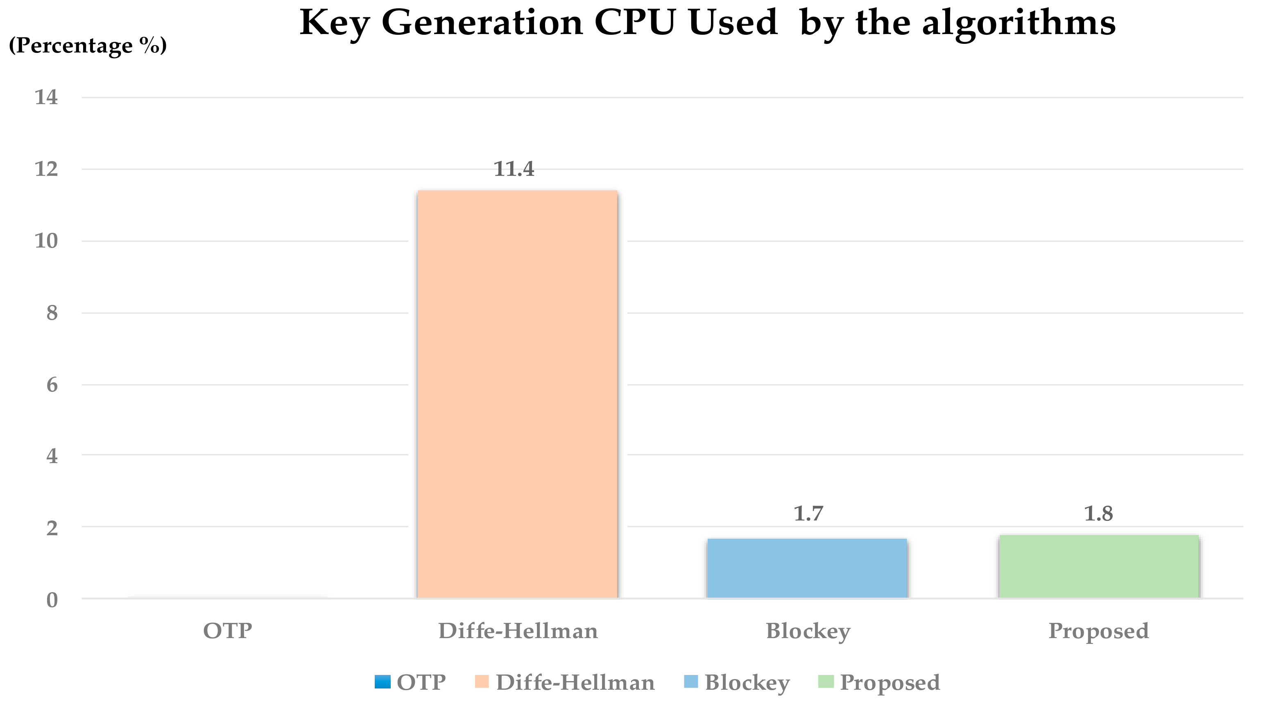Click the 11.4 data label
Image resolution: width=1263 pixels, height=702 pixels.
[x=513, y=169]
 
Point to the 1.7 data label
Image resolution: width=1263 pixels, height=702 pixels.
[x=808, y=513]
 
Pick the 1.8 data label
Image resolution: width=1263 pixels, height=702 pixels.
[x=1098, y=513]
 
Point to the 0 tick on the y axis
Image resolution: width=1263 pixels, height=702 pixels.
[x=52, y=600]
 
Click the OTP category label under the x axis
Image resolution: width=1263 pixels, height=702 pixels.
[x=228, y=630]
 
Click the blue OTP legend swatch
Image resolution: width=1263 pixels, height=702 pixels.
[x=383, y=682]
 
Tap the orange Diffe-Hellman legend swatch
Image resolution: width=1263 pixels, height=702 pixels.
[x=482, y=682]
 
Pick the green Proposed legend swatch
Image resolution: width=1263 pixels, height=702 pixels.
[x=826, y=682]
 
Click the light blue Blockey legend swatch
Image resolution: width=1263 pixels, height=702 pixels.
[x=690, y=682]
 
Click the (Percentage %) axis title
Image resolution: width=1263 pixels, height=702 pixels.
[x=88, y=45]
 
